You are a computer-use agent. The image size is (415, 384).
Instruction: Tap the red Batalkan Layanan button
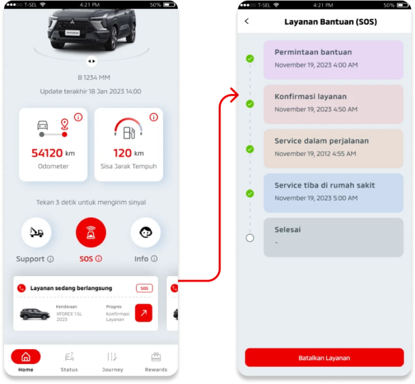[324, 358]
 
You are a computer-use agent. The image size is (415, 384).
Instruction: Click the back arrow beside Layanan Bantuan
[246, 21]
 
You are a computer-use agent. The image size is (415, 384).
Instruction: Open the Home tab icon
[26, 357]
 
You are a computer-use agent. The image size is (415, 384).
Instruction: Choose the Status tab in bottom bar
[68, 361]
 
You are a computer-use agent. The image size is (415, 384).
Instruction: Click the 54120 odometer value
[47, 153]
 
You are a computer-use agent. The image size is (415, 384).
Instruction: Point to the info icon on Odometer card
[78, 117]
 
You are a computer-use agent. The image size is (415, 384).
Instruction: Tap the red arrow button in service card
[143, 312]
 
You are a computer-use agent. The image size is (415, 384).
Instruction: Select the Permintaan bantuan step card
[333, 59]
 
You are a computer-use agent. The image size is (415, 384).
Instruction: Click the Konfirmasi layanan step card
[333, 103]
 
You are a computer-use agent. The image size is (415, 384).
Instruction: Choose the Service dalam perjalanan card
[333, 148]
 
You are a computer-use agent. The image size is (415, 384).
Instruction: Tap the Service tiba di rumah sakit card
[333, 192]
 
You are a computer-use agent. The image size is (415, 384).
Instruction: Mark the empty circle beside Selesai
[250, 237]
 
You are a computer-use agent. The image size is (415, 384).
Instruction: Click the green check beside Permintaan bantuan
[250, 59]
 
